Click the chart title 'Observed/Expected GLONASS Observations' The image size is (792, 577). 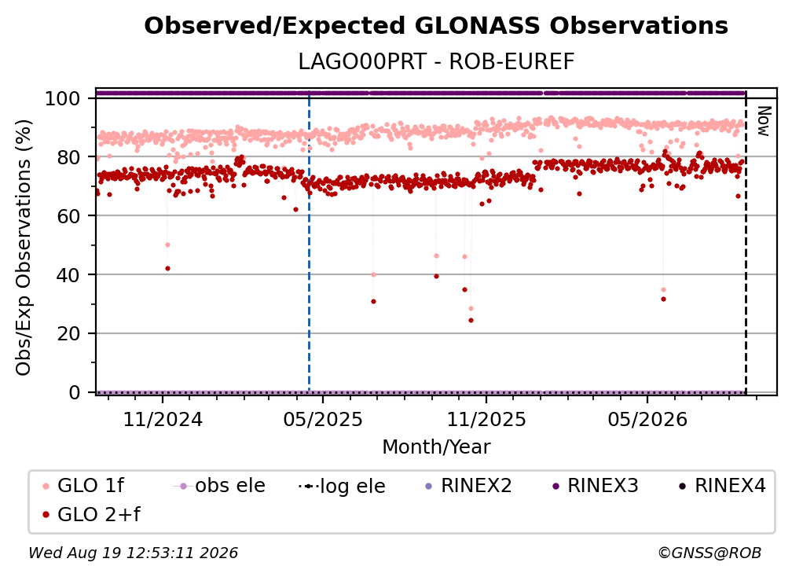436,26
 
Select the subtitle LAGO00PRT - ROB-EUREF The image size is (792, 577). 436,62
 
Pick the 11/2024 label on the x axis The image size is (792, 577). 163,419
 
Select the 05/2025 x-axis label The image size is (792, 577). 323,419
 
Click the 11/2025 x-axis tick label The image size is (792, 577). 486,419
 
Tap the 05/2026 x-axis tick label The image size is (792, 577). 647,419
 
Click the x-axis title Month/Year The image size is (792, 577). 436,447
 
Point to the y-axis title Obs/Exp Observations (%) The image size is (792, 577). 24,248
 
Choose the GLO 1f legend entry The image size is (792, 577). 83,486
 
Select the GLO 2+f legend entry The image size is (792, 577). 91,515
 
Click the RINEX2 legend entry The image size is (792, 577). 469,486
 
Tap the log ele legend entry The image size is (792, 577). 342,486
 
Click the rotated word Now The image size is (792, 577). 763,121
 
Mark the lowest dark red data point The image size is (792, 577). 471,320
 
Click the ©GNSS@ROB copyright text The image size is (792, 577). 709,553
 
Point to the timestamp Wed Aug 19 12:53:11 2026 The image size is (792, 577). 133,553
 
